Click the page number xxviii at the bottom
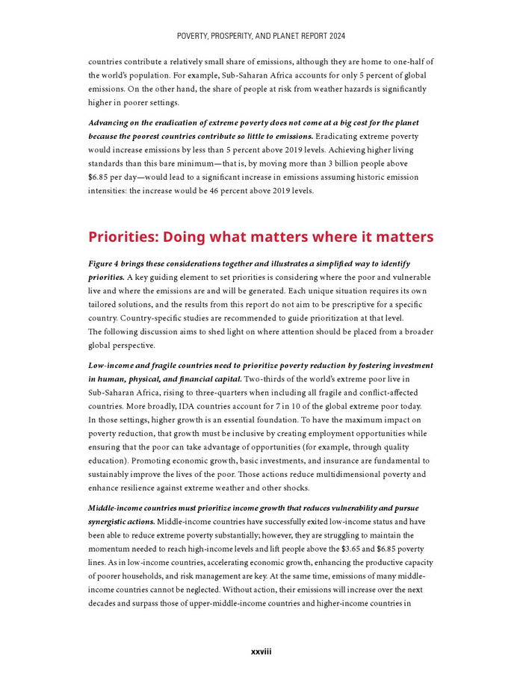point(261,652)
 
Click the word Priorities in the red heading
point(123,237)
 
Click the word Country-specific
point(156,318)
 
